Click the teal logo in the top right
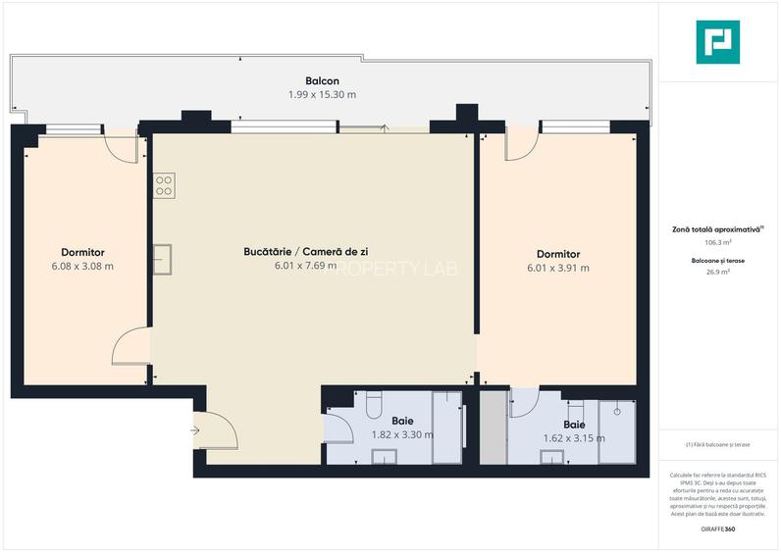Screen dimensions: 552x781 [717, 42]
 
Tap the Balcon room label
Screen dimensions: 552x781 [322, 81]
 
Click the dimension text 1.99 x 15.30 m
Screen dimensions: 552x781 [322, 95]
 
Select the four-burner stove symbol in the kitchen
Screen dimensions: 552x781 [163, 186]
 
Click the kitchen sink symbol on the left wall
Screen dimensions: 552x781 [162, 259]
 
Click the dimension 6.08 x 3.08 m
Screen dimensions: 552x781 [82, 266]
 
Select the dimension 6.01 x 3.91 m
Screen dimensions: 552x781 [557, 268]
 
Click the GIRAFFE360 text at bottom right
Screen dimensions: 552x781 [716, 529]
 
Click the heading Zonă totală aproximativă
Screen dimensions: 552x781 [715, 228]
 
